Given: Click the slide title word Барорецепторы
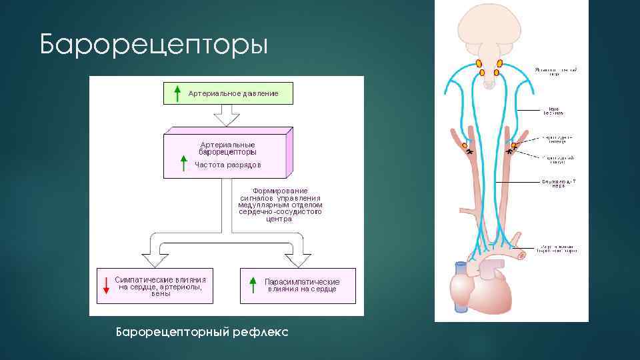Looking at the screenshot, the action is pos(153,45).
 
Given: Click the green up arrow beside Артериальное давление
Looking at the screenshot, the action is pos(177,93).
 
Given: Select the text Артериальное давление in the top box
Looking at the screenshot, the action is pos(233,93).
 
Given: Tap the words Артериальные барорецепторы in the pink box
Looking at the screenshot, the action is pos(227,147).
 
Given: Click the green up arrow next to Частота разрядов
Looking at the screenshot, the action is pos(183,163).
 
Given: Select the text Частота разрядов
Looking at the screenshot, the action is pos(228,164).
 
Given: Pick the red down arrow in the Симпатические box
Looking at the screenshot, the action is pos(105,285).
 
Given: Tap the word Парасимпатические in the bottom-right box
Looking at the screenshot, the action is pos(302,281).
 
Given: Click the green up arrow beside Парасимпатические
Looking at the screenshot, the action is pos(252,285).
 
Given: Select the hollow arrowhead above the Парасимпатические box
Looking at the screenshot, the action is pos(298,259).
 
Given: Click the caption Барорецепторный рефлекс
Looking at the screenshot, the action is pos(202,331).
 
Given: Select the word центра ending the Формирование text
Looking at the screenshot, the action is pos(279,219).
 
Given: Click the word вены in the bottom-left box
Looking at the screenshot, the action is pos(161,294).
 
